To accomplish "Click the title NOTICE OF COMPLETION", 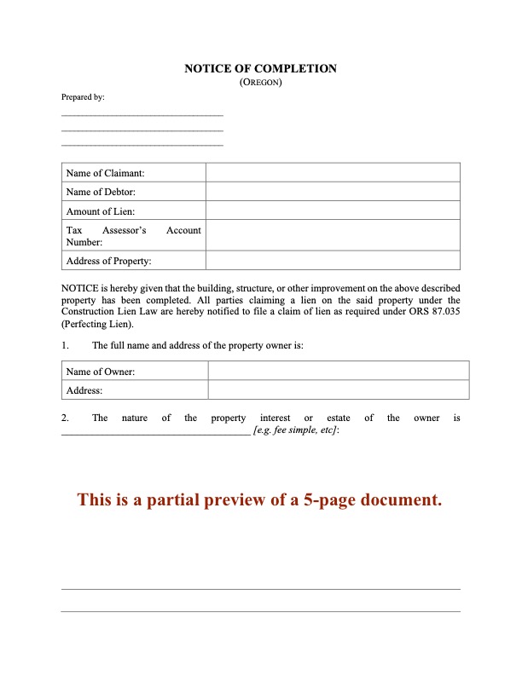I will (x=260, y=68).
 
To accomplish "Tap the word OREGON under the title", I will (x=261, y=83).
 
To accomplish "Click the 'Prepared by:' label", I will (x=83, y=97).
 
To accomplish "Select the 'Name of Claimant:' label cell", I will (x=106, y=173).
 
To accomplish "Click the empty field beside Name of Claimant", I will (x=333, y=173).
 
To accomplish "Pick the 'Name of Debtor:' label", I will (x=101, y=192).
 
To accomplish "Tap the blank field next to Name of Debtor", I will (x=333, y=192).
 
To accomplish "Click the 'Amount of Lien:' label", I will (x=101, y=211).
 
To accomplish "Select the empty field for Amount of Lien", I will (x=333, y=211).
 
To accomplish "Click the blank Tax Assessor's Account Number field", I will (x=333, y=236).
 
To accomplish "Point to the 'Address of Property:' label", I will (x=108, y=261).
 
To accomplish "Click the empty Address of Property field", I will (x=333, y=261).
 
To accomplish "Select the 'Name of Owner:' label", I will (x=101, y=371).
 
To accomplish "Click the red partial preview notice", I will (x=260, y=499).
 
